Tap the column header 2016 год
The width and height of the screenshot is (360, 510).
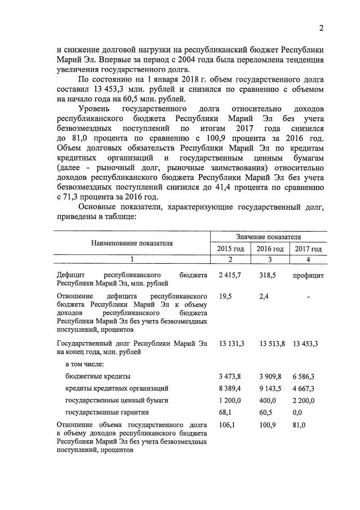pos(269,249)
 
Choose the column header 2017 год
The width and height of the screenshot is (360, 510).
pos(308,249)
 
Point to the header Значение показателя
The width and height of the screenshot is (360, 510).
pos(268,237)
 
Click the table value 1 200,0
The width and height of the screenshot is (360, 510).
pos(229,400)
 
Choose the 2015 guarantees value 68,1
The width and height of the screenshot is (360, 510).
pos(225,413)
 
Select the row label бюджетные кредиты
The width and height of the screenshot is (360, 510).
pos(98,376)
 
